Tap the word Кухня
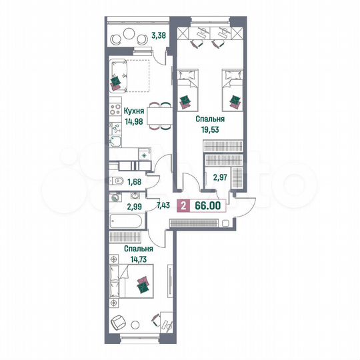coord(136,110)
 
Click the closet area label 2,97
coord(220,178)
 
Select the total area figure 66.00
coord(207,207)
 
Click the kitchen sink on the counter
coord(115,141)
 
